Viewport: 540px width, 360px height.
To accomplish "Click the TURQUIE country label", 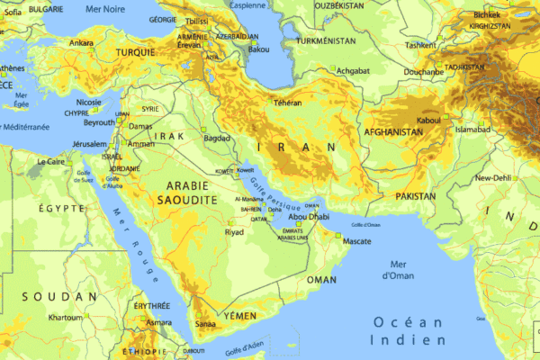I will (x=136, y=53).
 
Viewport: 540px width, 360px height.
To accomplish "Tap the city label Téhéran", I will (x=287, y=103).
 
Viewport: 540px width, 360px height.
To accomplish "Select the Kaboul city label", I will (x=428, y=120).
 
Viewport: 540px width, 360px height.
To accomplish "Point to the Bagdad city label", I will (x=218, y=139).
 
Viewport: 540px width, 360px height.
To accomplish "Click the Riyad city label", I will (x=234, y=232).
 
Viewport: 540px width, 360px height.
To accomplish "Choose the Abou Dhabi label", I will (x=309, y=217).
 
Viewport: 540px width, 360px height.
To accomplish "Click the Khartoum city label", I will (x=65, y=318).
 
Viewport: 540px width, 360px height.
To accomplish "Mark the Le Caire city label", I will (x=52, y=162).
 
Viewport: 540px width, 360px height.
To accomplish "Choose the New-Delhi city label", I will (x=493, y=178).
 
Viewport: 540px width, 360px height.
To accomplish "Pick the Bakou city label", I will (x=259, y=49).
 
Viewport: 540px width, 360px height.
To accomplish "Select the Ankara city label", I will (x=81, y=42).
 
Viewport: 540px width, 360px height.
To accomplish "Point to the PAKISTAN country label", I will (x=415, y=195).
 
